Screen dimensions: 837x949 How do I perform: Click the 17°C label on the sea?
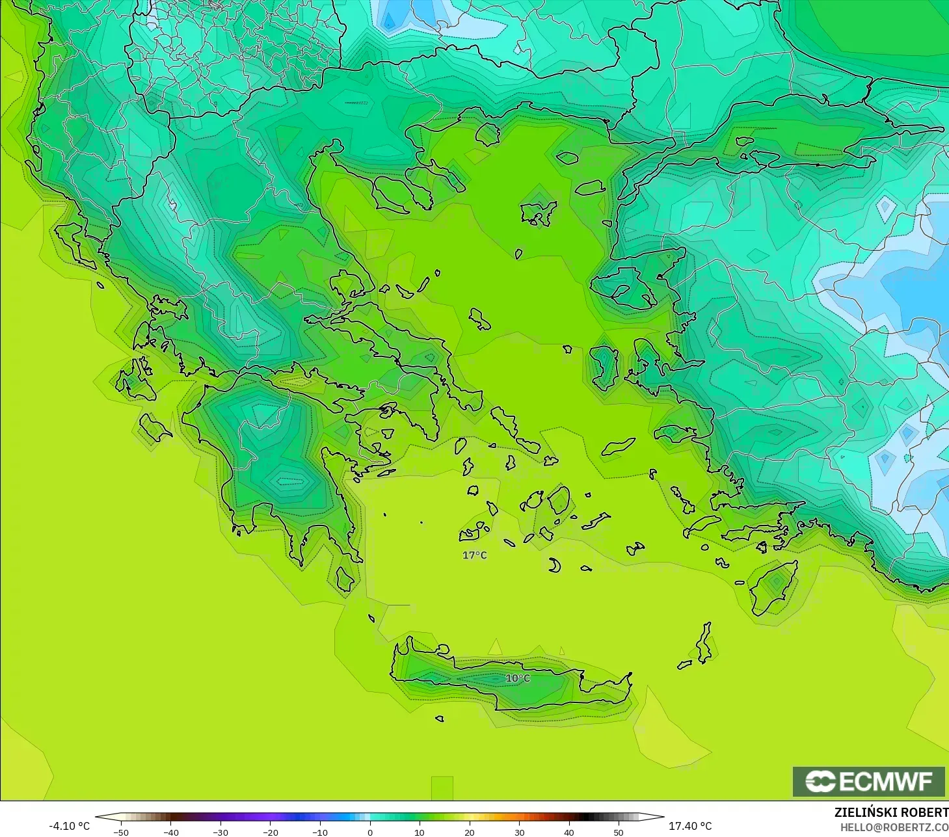click(474, 555)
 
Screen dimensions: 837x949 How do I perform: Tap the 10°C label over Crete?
click(518, 678)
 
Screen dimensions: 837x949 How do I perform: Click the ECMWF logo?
click(868, 781)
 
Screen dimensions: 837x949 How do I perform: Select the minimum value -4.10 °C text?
click(69, 826)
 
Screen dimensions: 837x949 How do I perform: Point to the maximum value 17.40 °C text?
click(690, 826)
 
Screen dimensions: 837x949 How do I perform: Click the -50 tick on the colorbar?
click(121, 832)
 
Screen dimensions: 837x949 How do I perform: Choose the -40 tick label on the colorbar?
click(171, 832)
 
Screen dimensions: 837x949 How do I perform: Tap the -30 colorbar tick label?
click(221, 832)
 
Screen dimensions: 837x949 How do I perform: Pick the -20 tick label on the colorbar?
click(271, 832)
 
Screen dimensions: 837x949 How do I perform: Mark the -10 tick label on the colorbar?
click(320, 832)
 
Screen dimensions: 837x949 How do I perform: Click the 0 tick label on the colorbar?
click(370, 832)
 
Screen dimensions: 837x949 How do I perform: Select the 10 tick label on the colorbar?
click(420, 832)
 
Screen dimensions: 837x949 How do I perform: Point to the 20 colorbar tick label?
click(470, 832)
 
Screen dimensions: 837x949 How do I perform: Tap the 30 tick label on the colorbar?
click(519, 832)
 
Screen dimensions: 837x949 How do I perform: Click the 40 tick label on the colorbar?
click(569, 832)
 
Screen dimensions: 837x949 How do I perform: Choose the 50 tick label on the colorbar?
click(619, 832)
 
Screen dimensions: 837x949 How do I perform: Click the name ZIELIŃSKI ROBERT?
click(891, 812)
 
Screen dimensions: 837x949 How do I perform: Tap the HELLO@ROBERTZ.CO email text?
click(894, 827)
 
